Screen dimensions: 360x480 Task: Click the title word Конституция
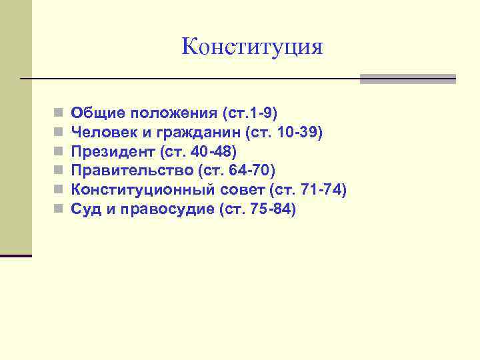coord(252,47)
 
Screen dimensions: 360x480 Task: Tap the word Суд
coord(85,209)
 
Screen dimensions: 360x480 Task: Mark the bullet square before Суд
coord(59,210)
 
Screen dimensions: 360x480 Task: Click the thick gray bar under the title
coord(407,79)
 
